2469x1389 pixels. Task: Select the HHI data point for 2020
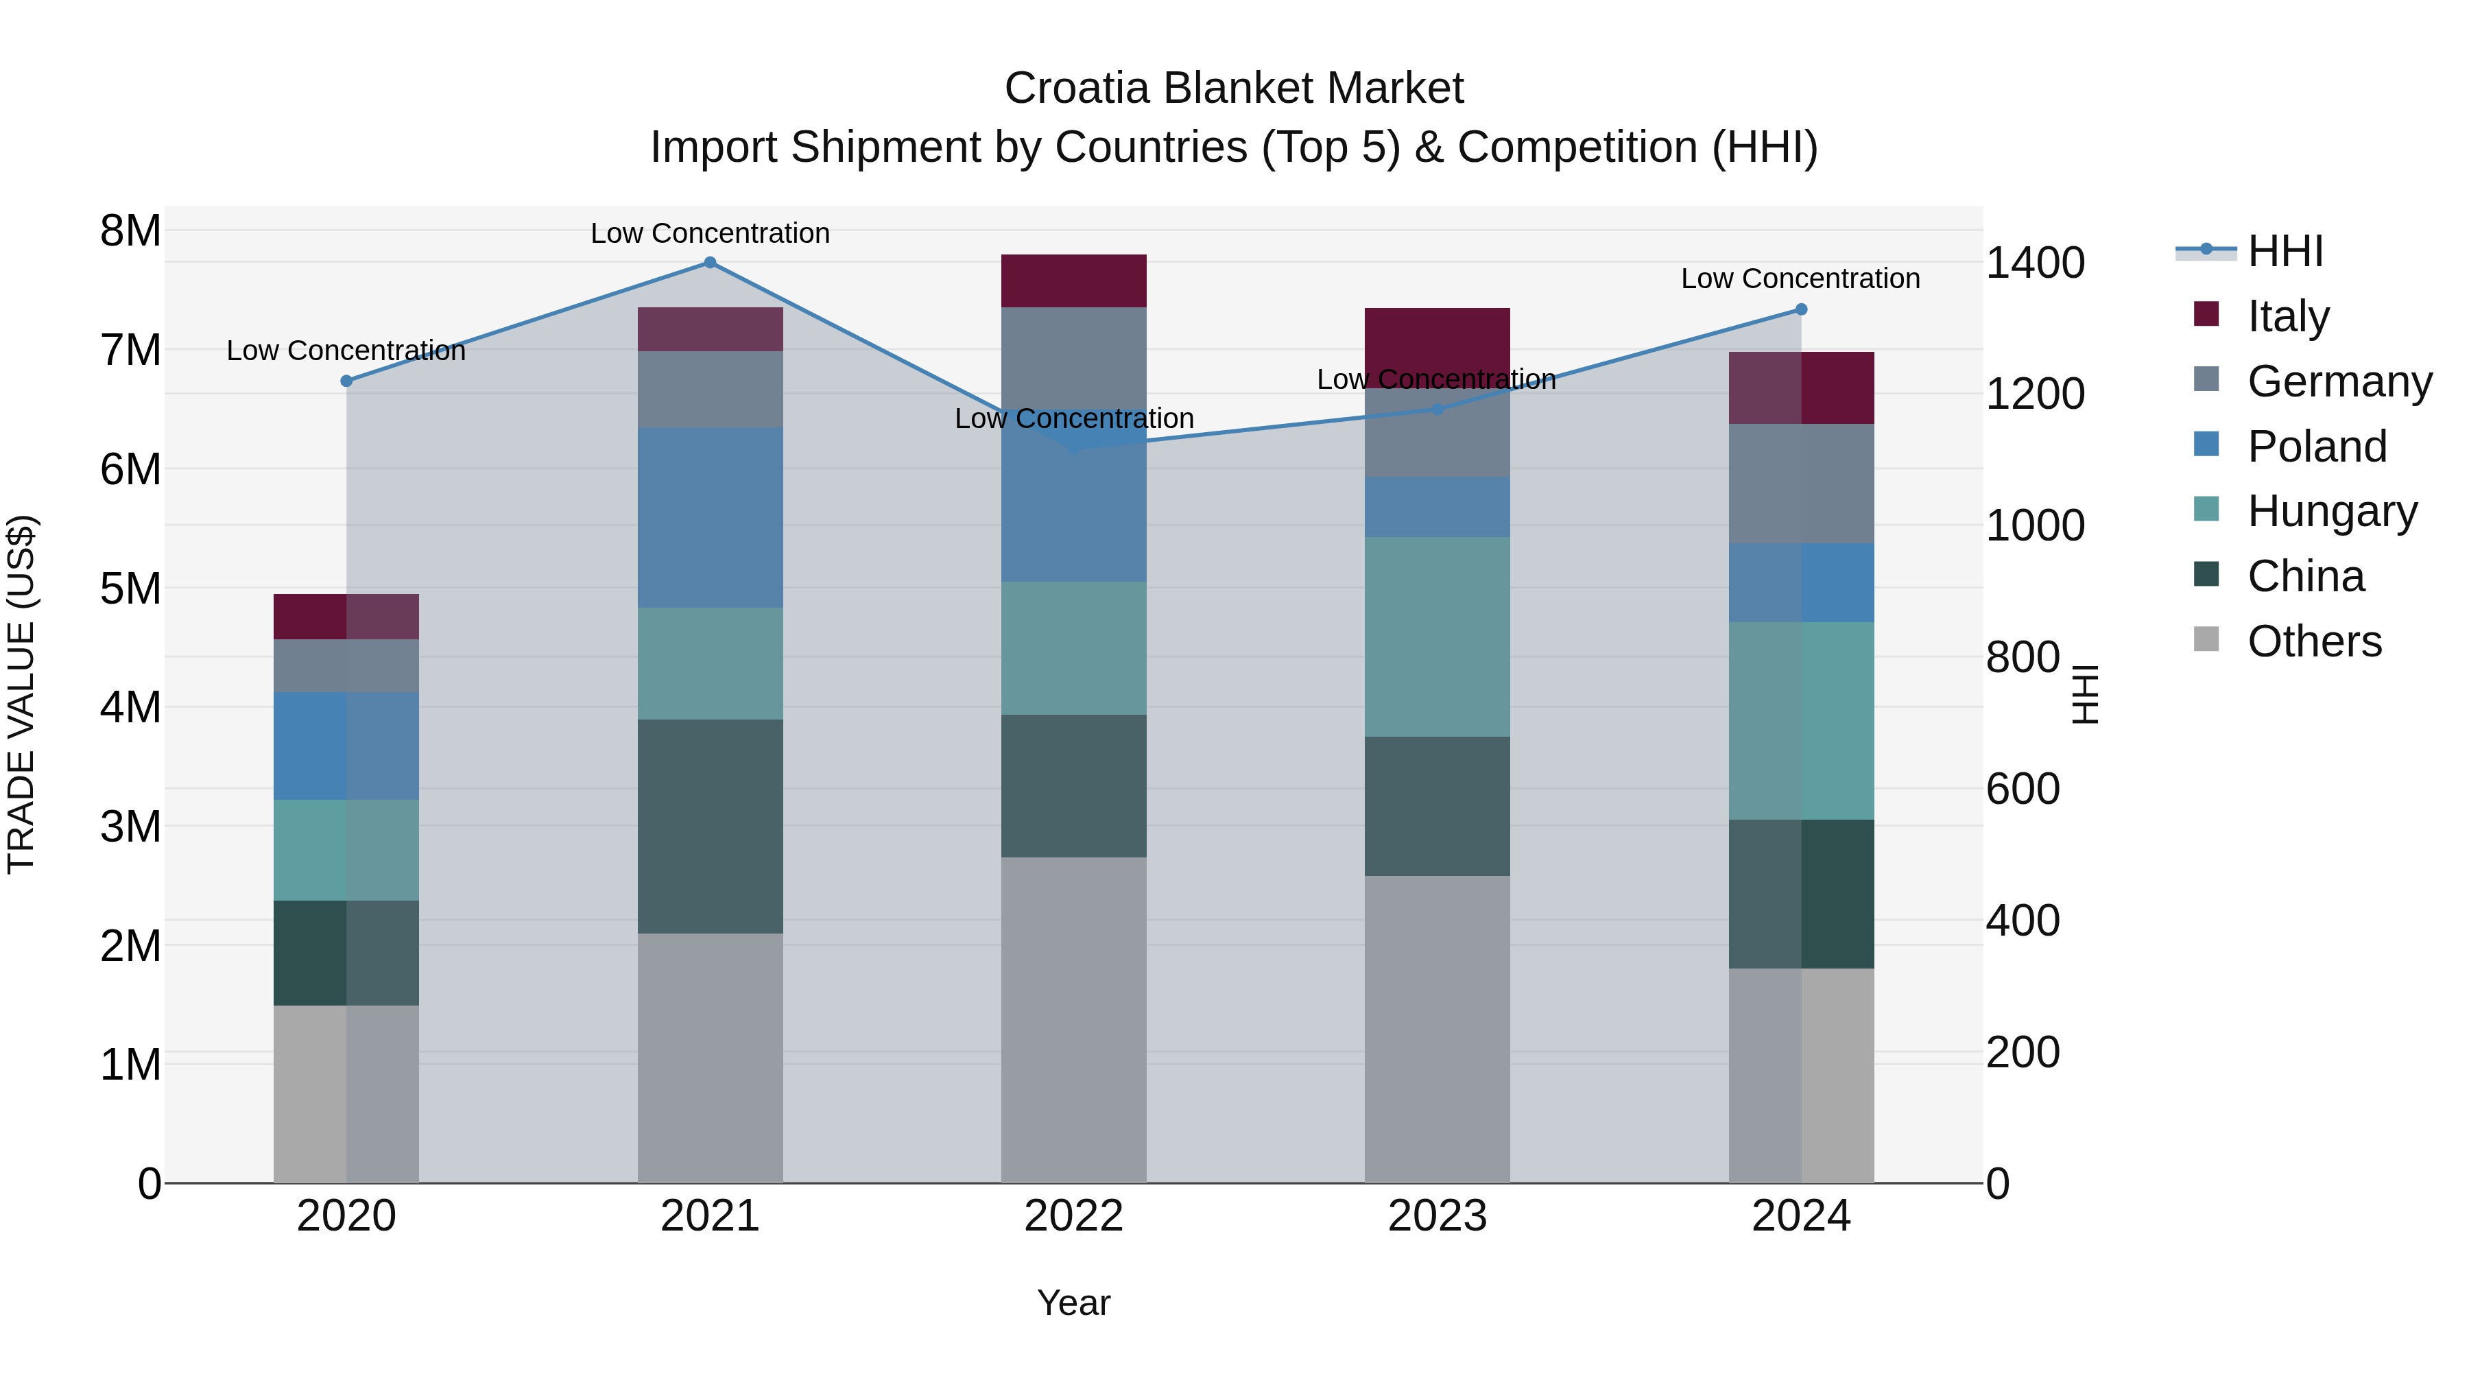(346, 381)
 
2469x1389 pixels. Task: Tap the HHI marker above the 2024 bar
(1800, 309)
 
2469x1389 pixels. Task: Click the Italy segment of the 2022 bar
(1073, 281)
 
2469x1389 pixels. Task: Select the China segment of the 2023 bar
(1437, 805)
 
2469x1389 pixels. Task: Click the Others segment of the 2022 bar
(1073, 1019)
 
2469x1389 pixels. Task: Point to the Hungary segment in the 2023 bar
(1437, 637)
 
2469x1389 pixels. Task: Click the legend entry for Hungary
(2331, 511)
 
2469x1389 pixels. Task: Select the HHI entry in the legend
(2285, 251)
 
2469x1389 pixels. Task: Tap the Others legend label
(2314, 641)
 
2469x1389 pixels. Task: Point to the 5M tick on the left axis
(130, 589)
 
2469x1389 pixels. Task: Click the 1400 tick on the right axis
(2034, 263)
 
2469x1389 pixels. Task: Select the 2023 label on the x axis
(1437, 1216)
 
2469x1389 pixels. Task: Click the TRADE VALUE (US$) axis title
(21, 694)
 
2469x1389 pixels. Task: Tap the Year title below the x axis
(1073, 1303)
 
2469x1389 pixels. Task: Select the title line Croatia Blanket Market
(1234, 88)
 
